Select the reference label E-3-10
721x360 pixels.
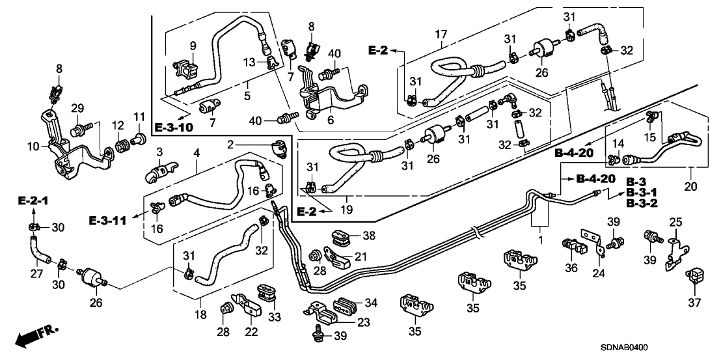click(174, 127)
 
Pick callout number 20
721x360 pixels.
click(690, 187)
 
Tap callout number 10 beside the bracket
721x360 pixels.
click(33, 147)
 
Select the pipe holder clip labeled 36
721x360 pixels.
click(571, 246)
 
